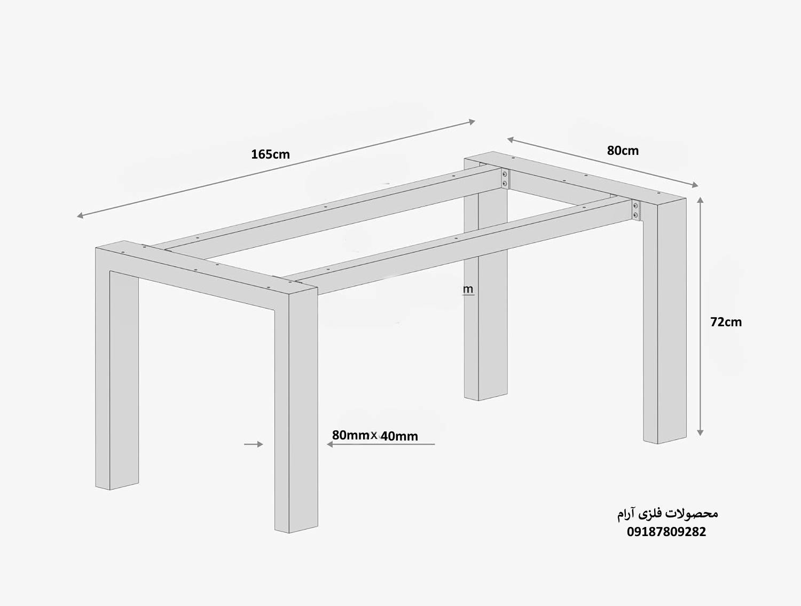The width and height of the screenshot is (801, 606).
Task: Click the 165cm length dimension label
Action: click(270, 154)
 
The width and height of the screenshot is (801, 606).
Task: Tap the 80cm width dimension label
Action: click(623, 151)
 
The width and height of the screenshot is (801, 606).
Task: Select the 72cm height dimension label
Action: click(726, 322)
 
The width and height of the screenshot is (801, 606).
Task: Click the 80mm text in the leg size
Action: click(351, 435)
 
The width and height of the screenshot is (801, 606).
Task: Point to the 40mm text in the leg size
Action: click(399, 436)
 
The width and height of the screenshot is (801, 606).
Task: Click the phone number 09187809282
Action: click(666, 532)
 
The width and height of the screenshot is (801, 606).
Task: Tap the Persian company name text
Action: click(667, 514)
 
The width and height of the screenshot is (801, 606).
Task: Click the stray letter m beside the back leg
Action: click(468, 289)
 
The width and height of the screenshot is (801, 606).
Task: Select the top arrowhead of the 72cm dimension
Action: click(700, 200)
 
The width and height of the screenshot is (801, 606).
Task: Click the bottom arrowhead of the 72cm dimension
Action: click(700, 432)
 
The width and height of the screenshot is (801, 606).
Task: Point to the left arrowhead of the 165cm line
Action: click(80, 216)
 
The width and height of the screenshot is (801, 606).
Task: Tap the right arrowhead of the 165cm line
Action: click(472, 122)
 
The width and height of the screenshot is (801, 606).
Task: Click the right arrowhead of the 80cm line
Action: click(695, 185)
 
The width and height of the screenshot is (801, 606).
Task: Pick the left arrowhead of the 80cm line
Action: click(511, 139)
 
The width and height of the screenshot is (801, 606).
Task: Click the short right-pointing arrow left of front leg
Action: click(254, 444)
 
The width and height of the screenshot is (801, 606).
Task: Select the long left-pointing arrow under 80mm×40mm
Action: click(381, 444)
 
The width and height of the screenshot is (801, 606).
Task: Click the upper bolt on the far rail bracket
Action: click(505, 175)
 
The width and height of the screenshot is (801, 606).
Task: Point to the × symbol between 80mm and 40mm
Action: click(374, 435)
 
